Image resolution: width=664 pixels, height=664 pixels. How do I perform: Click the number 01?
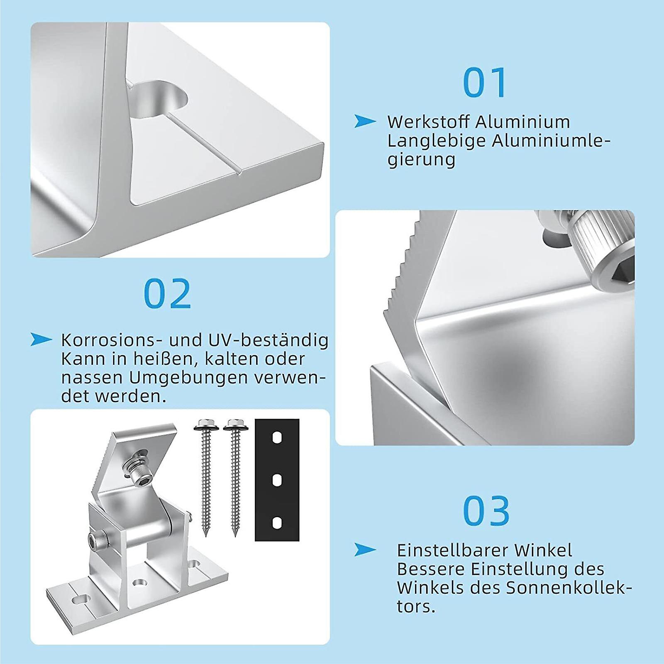point(485,83)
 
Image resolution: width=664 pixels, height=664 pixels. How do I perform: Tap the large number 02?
point(167,293)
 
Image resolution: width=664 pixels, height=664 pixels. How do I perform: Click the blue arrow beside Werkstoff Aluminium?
point(365,121)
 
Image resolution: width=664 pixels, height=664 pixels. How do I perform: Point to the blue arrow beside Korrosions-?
point(41,339)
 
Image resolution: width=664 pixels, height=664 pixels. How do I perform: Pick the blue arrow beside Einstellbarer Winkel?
point(365,550)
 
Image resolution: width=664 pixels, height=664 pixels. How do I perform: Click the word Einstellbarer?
point(452,550)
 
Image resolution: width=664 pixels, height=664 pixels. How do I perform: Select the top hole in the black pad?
point(277,438)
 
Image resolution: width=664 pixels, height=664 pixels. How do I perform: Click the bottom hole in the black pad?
point(277,522)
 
